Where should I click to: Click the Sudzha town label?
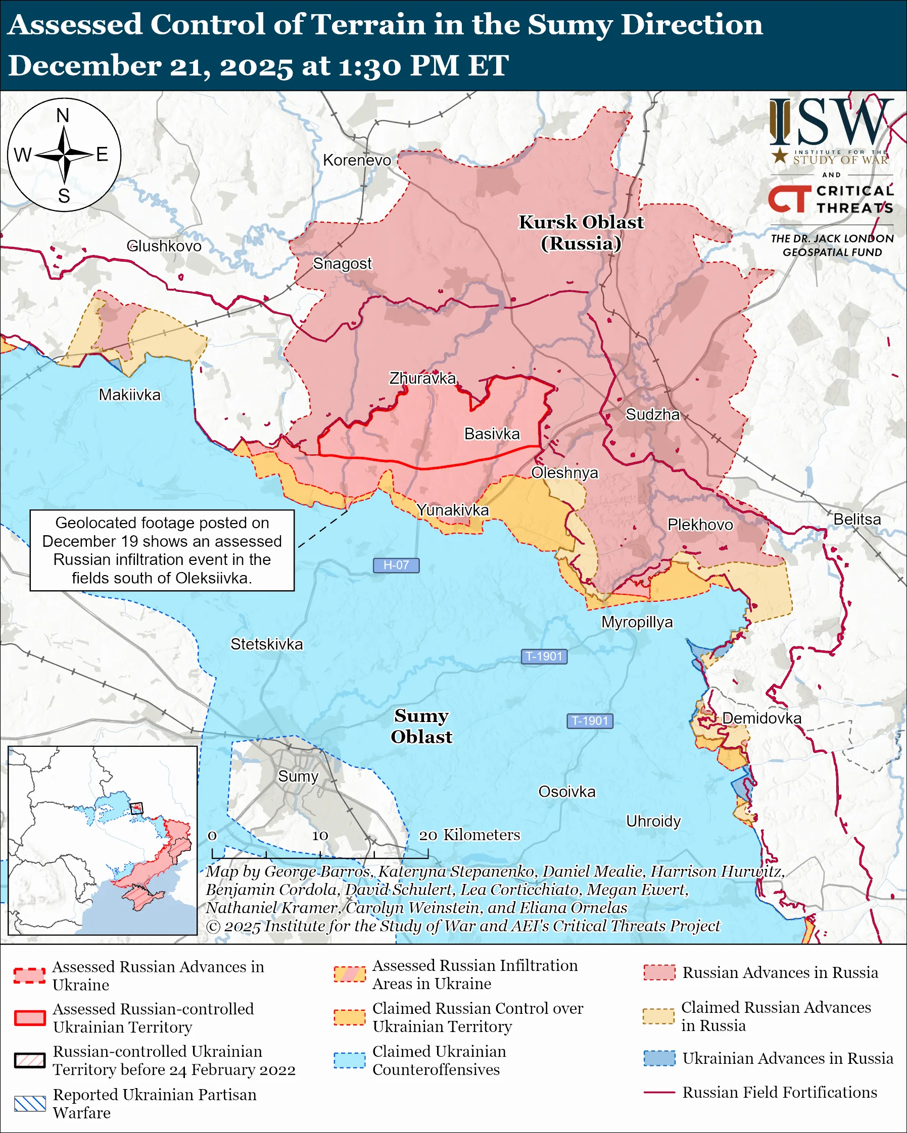[x=652, y=415]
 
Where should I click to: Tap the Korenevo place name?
[x=357, y=160]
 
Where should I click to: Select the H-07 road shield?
[x=396, y=565]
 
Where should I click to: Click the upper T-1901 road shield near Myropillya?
[x=544, y=656]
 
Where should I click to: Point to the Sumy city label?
[x=298, y=776]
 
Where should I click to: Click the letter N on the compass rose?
[x=63, y=116]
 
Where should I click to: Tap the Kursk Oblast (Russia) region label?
[x=581, y=233]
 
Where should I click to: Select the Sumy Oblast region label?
[x=421, y=726]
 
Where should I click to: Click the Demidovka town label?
[x=761, y=718]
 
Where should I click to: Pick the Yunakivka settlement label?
[x=453, y=510]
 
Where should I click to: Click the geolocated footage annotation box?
[x=162, y=550]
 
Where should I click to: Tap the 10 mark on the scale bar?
[x=320, y=836]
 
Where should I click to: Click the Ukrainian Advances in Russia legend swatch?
[x=659, y=1058]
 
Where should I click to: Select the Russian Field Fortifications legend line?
[x=659, y=1093]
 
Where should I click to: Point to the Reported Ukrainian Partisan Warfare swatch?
[x=29, y=1104]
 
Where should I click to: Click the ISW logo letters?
[x=831, y=124]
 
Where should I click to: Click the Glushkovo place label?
[x=164, y=246]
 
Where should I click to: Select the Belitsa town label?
[x=857, y=519]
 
